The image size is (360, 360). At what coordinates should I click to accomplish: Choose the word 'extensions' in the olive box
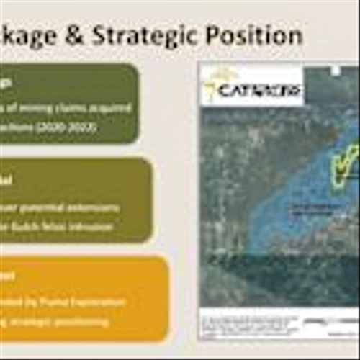[96, 208]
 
